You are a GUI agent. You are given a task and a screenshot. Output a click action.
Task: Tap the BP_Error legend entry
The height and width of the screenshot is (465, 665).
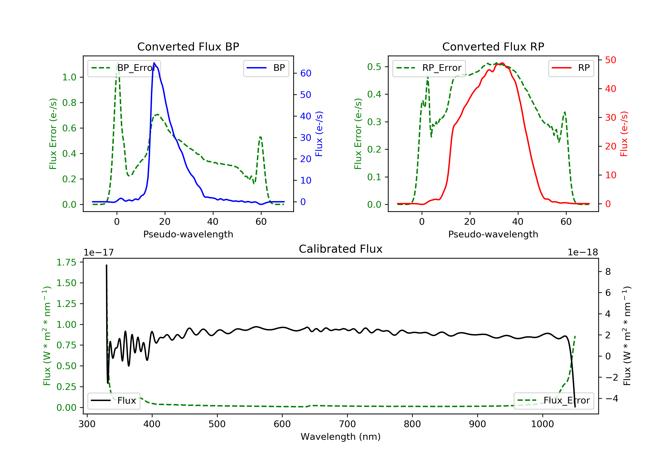click(x=124, y=68)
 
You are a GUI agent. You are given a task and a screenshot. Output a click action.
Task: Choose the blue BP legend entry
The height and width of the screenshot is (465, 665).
click(x=266, y=68)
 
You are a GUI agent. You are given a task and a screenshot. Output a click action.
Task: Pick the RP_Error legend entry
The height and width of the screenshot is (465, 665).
click(x=429, y=68)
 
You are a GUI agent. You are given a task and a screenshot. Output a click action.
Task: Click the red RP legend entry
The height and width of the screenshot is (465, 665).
click(x=571, y=68)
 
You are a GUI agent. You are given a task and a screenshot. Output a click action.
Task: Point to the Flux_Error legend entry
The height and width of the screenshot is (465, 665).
click(x=554, y=401)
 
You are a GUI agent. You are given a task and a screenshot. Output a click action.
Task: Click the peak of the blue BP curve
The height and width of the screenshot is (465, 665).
click(x=154, y=63)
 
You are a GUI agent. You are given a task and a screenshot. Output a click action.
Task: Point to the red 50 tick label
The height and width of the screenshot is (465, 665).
click(x=610, y=60)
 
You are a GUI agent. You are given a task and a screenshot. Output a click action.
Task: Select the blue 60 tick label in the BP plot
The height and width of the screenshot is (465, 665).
click(x=305, y=74)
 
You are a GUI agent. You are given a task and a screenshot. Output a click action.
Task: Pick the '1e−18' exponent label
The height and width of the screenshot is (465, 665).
click(x=583, y=252)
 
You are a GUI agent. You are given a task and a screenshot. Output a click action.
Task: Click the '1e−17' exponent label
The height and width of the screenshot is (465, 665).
click(x=98, y=252)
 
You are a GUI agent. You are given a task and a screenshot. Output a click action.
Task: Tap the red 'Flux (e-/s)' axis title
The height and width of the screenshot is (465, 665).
click(x=624, y=134)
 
